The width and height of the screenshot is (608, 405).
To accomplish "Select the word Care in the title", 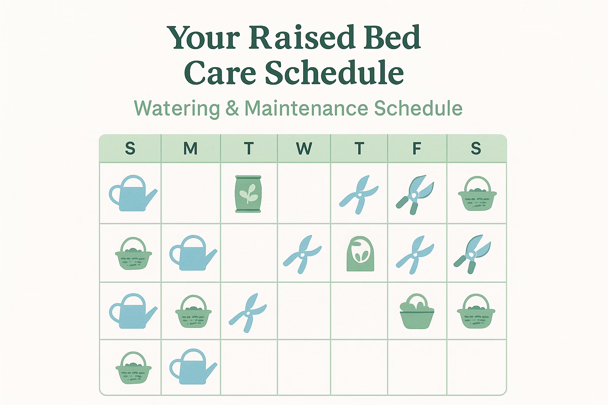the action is click(x=220, y=72).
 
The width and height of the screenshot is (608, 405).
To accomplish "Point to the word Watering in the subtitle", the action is click(x=177, y=108).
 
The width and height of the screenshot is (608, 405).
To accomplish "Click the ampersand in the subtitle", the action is click(x=232, y=108).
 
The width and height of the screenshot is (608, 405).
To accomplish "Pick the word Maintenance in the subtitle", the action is click(x=306, y=108).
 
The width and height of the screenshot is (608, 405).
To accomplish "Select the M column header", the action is click(x=190, y=148).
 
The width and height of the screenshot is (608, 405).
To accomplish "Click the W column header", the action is click(x=304, y=148).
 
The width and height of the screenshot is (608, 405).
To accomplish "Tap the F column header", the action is click(x=417, y=148).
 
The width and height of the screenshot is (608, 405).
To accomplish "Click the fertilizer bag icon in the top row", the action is click(x=248, y=194).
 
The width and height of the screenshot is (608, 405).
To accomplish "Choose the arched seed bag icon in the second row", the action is click(x=361, y=254).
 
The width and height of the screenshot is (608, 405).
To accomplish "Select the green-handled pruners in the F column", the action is click(x=415, y=195).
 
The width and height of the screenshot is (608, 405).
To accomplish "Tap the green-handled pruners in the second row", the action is click(x=472, y=254).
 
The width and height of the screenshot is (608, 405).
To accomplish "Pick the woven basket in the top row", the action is click(x=477, y=194).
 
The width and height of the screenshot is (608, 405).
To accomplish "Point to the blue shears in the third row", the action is click(x=247, y=313).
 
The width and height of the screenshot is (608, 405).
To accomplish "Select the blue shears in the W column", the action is click(x=302, y=254).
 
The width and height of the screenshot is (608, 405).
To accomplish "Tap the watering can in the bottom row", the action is click(x=193, y=367).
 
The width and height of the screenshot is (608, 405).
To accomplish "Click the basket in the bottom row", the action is click(x=133, y=368).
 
